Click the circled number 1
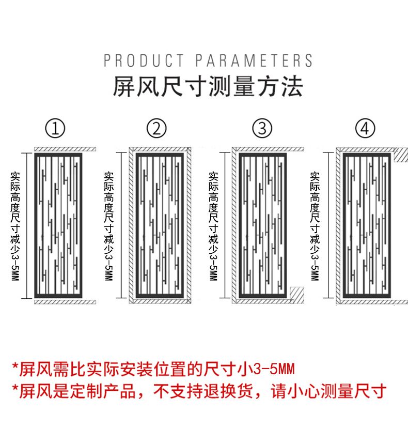pyautogui.click(x=55, y=128)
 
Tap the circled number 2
pyautogui.click(x=157, y=128)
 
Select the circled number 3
pyautogui.click(x=262, y=128)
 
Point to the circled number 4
pyautogui.click(x=365, y=128)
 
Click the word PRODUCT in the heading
pyautogui.click(x=144, y=60)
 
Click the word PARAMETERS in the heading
pyautogui.click(x=254, y=60)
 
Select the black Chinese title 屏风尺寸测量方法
pyautogui.click(x=208, y=86)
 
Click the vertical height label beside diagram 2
pyautogui.click(x=108, y=225)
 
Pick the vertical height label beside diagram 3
pyautogui.click(x=213, y=225)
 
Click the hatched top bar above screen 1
pyautogui.click(x=65, y=149)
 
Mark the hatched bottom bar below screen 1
pyautogui.click(x=65, y=301)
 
